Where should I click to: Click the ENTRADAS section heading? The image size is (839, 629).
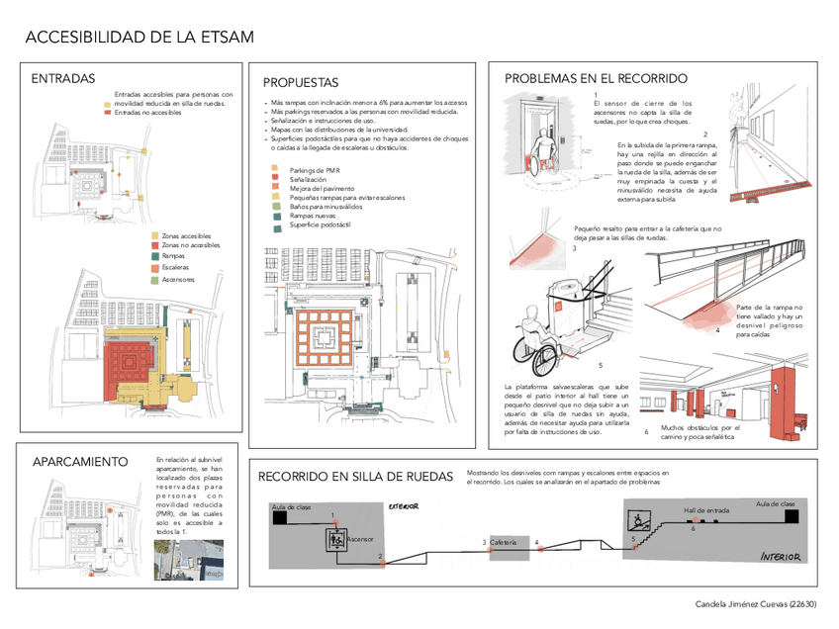pyautogui.click(x=63, y=79)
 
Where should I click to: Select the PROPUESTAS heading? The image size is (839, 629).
pyautogui.click(x=301, y=83)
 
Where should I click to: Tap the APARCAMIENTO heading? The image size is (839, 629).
pyautogui.click(x=80, y=462)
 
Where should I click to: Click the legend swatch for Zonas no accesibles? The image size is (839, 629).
pyautogui.click(x=154, y=245)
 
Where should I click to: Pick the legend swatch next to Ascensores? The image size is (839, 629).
pyautogui.click(x=154, y=280)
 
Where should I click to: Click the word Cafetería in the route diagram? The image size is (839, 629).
pyautogui.click(x=503, y=543)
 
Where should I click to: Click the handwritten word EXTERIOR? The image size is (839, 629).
pyautogui.click(x=404, y=506)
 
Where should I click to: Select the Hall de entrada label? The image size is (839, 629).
pyautogui.click(x=706, y=510)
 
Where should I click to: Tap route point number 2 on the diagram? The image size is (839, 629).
pyautogui.click(x=380, y=557)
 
